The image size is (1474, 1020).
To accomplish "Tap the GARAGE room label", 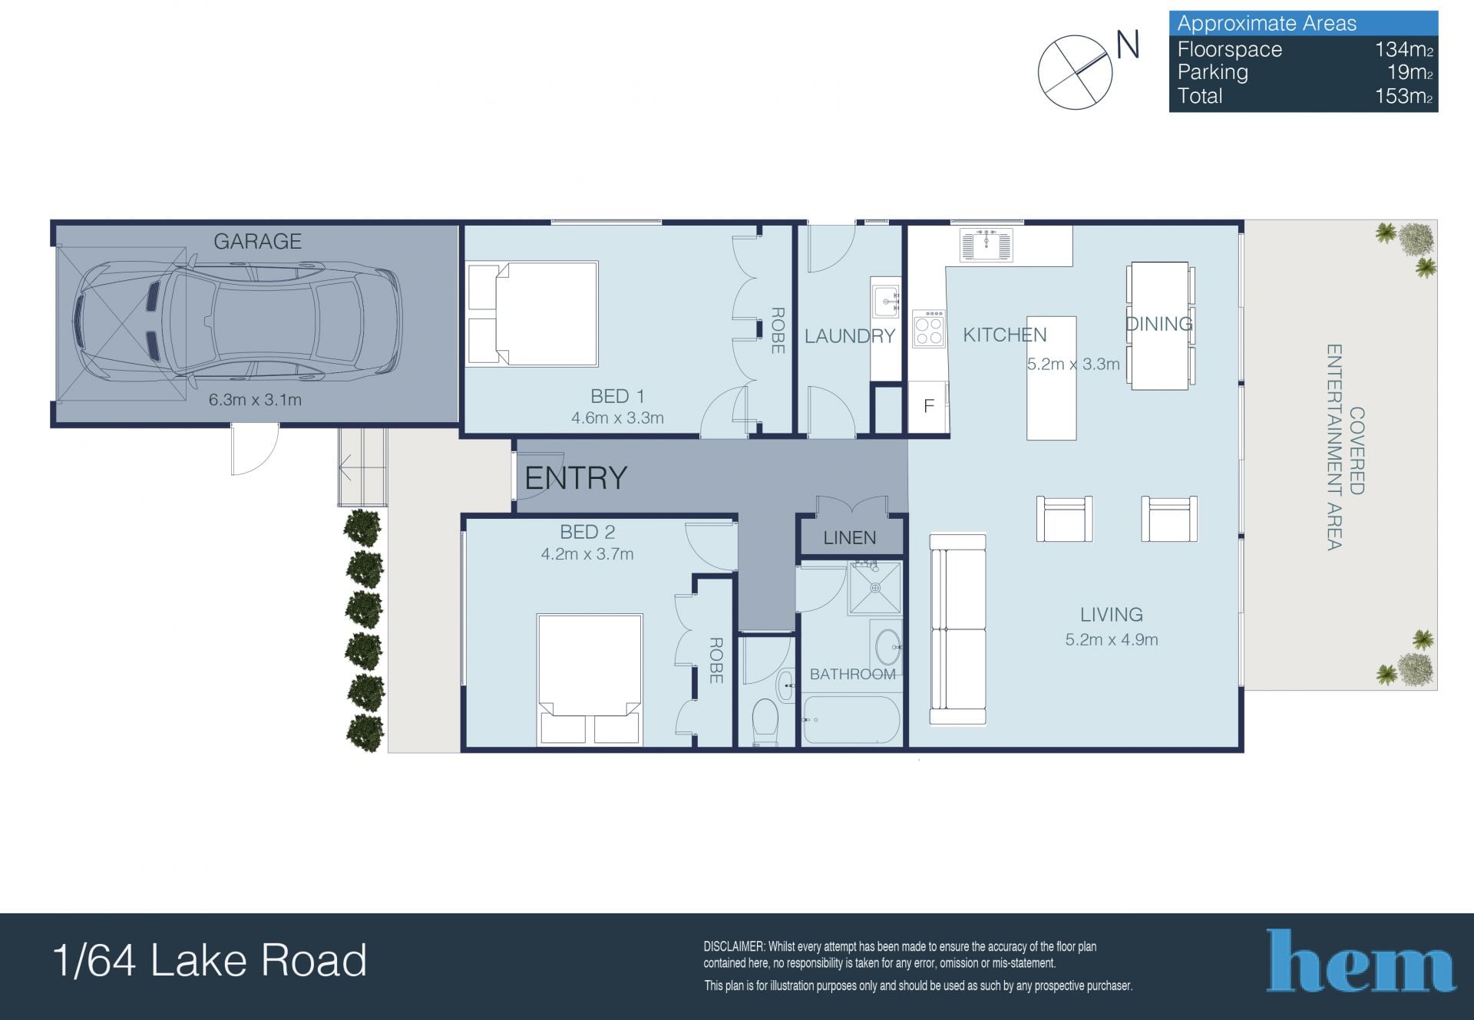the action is (257, 242).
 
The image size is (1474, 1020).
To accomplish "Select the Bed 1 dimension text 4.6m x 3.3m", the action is (617, 418).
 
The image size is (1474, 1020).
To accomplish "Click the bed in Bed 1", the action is (533, 314).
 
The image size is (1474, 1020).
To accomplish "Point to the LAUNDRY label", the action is (850, 336).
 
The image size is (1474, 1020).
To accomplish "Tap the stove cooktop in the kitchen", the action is (928, 328).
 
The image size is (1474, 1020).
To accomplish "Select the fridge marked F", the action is (928, 406).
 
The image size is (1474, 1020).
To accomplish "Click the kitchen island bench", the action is (1051, 378).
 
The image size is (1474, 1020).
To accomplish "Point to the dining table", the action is (1160, 325).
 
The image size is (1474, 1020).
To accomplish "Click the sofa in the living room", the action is (958, 629).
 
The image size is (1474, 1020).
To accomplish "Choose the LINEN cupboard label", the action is (850, 538).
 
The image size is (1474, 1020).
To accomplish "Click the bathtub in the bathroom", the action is (851, 720).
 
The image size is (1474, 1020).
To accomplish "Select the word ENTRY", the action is (576, 478).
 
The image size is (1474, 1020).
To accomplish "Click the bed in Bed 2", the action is (590, 679).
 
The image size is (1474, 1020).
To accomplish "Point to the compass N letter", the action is (1128, 45).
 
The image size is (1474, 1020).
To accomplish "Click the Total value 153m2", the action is (1403, 97).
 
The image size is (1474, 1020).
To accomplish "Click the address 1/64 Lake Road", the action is (210, 960).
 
